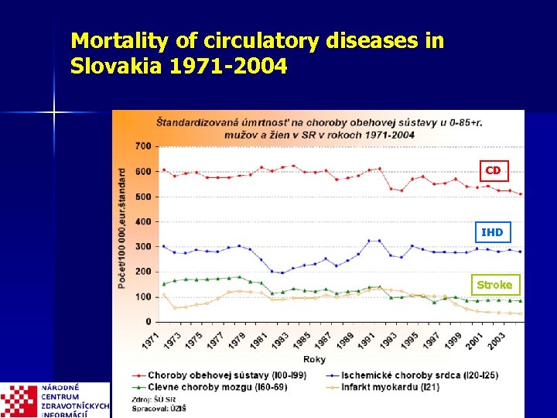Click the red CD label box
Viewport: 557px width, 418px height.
click(x=493, y=170)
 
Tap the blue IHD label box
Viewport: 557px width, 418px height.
click(x=492, y=232)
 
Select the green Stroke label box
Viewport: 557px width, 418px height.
click(x=494, y=285)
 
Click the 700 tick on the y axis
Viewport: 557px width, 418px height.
click(x=142, y=146)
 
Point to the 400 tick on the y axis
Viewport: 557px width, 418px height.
click(x=142, y=221)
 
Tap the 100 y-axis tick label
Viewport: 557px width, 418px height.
click(x=142, y=296)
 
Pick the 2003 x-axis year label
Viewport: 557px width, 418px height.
click(x=493, y=339)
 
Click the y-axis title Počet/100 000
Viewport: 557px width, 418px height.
click(x=122, y=228)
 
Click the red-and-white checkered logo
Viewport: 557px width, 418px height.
click(x=19, y=401)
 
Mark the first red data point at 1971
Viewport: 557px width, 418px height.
click(x=163, y=170)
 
